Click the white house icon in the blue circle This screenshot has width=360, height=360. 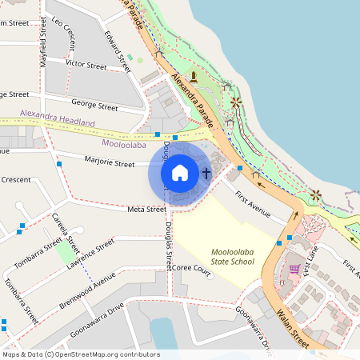coord(180,172)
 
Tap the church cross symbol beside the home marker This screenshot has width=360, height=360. coord(206,172)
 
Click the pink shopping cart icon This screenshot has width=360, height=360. coord(294,269)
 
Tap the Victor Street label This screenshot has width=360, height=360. coord(86,64)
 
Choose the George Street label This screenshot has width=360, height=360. coord(94,104)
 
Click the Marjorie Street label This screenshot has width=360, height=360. coord(110,162)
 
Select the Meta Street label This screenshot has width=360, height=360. coord(146,209)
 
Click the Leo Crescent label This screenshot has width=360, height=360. coord(63,31)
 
